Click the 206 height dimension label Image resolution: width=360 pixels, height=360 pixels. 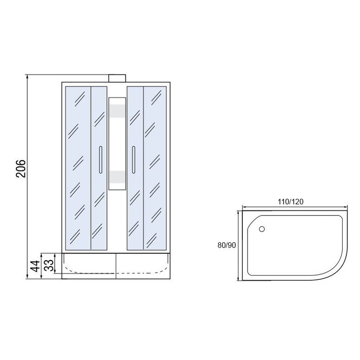click(21, 168)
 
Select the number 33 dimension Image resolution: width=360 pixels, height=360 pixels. click(49, 265)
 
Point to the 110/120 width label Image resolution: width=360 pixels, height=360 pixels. click(291, 202)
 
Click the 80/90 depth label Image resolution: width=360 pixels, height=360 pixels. click(226, 245)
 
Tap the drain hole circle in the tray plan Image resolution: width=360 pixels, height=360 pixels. click(262, 229)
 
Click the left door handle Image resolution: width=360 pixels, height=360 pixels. click(101, 159)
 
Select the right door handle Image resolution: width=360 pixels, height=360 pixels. click(134, 159)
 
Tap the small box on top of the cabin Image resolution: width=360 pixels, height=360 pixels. click(117, 78)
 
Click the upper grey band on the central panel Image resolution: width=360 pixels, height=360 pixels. click(117, 111)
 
